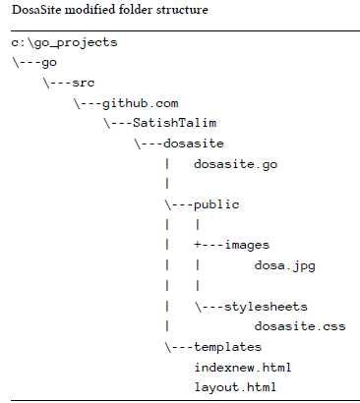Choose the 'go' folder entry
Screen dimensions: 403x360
coord(48,61)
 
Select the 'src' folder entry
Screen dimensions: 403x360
coord(84,82)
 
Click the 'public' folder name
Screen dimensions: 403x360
coord(217,204)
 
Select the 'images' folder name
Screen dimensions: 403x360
coord(247,244)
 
